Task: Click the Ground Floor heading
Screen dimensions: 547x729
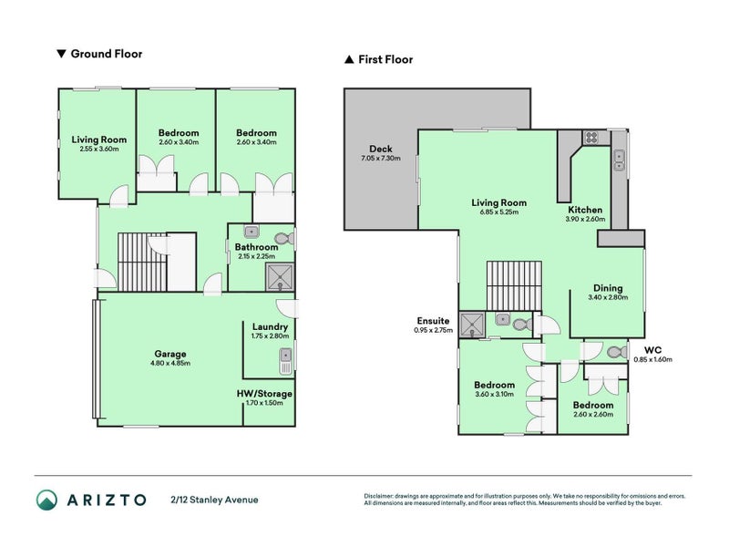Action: coord(106,54)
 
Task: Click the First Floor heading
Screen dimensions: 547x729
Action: coord(385,60)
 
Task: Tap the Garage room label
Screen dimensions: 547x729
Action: coord(169,354)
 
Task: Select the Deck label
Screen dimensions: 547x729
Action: coord(380,149)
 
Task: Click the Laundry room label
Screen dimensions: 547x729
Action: coord(270,327)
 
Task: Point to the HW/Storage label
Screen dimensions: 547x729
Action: coord(266,393)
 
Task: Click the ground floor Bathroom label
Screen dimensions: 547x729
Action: coord(255,247)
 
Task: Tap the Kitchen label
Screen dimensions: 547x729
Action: coord(584,209)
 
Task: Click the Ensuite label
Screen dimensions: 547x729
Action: coord(432,320)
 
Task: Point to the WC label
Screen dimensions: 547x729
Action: coord(652,349)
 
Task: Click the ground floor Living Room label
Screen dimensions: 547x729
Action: coord(99,139)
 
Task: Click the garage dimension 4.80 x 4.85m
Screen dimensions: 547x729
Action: coord(169,363)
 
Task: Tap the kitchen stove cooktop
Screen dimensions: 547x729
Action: coord(590,139)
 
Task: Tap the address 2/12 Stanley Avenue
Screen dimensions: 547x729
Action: coord(215,499)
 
